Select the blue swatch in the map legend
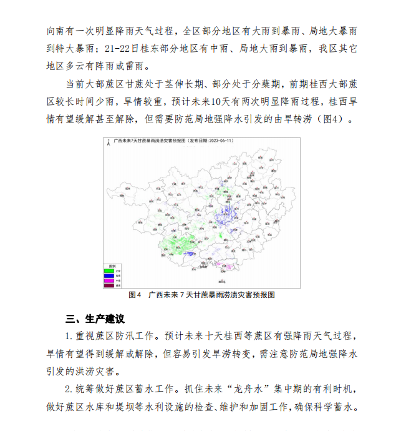pyautogui.click(x=109, y=275)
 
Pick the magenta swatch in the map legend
pyautogui.click(x=109, y=280)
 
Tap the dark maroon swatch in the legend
pyautogui.click(x=109, y=285)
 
